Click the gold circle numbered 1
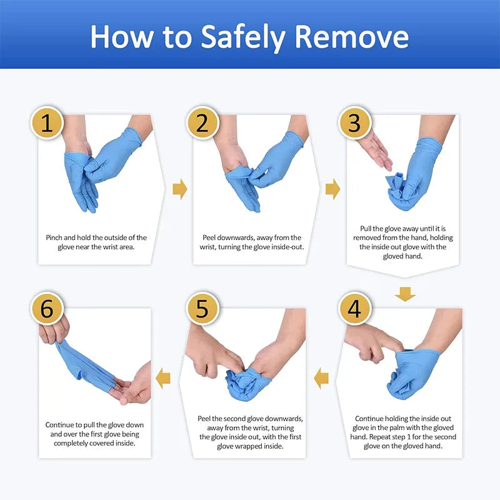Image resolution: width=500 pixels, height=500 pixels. [x=47, y=123]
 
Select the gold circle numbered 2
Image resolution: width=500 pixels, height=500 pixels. [x=202, y=123]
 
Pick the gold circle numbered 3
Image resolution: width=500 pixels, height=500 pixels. [x=354, y=123]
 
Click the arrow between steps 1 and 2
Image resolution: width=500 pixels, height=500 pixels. [x=180, y=189]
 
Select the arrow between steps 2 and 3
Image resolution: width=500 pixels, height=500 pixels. [x=333, y=189]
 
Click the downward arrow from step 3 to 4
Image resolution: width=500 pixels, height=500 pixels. [x=406, y=293]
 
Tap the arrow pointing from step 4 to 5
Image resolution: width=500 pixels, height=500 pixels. [x=321, y=377]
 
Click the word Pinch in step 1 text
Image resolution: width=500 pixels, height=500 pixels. [x=56, y=237]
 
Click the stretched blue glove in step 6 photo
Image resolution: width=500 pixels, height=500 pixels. [x=87, y=366]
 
